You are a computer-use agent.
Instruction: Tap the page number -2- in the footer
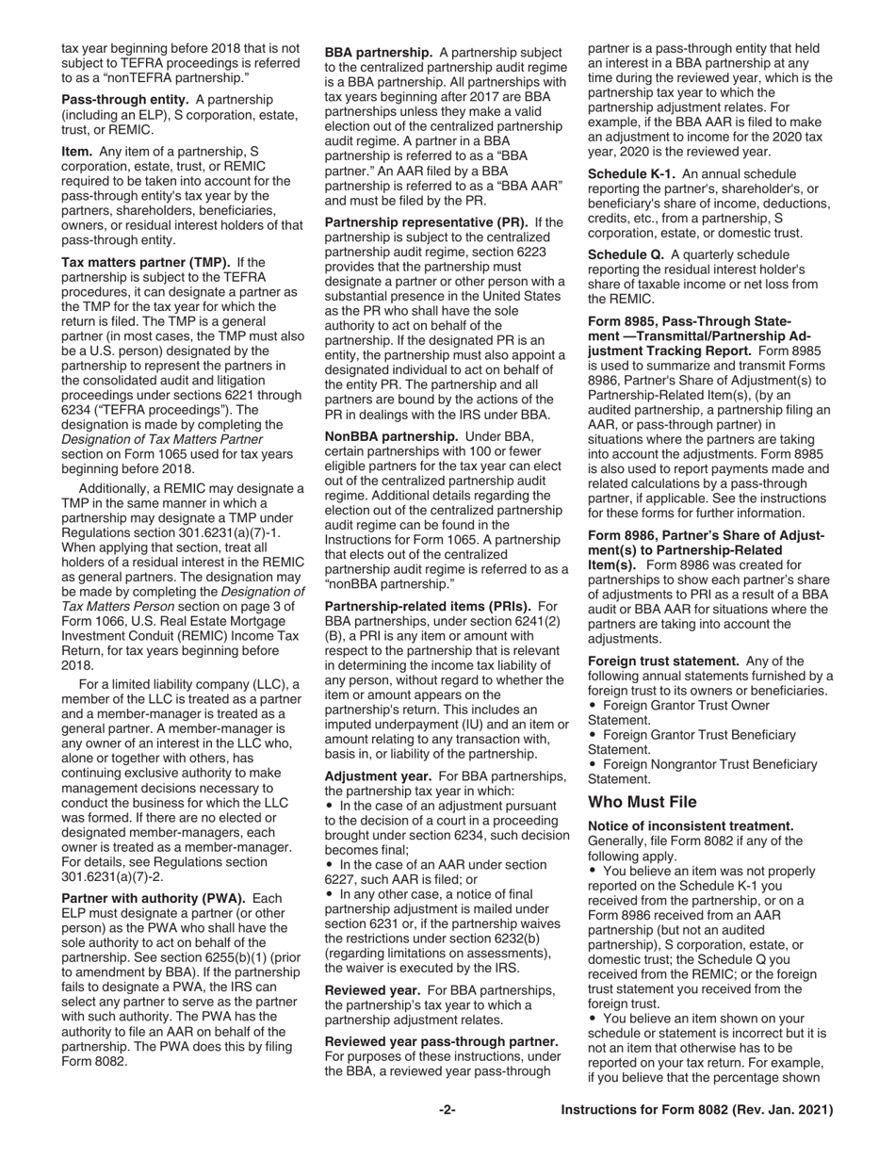(x=447, y=1111)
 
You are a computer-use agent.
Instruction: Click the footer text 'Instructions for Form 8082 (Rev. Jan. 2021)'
(x=696, y=1111)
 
